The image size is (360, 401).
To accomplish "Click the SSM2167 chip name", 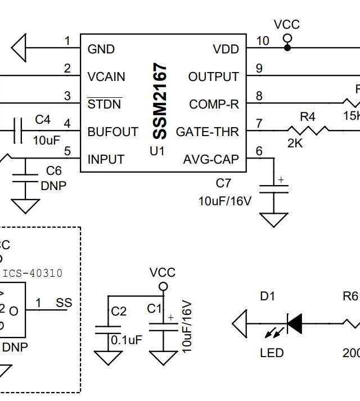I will click(160, 102).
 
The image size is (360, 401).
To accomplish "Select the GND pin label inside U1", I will click(101, 49).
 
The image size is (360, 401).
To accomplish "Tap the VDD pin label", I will click(226, 49).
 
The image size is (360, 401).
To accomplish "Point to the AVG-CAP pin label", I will click(211, 159).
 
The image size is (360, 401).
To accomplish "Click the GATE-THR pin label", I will click(208, 132).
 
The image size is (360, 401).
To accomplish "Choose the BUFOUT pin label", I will click(113, 132).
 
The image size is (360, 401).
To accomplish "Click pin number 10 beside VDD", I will click(263, 40).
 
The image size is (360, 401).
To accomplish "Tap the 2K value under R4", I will click(295, 143).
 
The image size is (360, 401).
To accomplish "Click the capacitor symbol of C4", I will click(19, 131).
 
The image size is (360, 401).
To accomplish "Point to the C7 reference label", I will click(223, 183).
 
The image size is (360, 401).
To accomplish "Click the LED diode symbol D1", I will click(294, 323).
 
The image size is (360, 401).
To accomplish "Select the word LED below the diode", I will click(272, 353).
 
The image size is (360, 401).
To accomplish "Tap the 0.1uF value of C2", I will click(127, 340).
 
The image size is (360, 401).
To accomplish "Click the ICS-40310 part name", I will click(33, 273).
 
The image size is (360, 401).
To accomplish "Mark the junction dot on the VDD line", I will click(287, 48).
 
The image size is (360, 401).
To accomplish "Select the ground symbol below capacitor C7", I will click(274, 219).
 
